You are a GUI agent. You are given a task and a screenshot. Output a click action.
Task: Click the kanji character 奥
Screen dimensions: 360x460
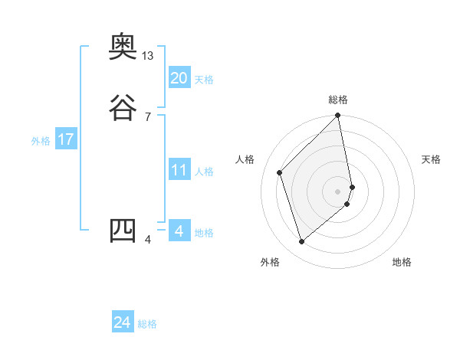123,48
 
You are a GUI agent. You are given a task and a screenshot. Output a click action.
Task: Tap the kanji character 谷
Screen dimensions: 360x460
123,106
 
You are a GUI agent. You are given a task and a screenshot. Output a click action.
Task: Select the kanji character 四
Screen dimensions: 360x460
123,231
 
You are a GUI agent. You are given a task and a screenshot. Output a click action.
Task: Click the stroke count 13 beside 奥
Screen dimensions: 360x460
148,56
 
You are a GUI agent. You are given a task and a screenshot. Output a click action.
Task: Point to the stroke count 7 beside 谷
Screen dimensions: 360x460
148,116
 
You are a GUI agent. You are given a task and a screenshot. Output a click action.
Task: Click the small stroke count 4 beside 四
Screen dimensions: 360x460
148,241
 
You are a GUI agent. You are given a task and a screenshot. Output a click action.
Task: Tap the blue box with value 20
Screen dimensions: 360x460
179,78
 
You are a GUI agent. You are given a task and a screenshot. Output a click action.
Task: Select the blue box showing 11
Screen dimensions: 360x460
179,171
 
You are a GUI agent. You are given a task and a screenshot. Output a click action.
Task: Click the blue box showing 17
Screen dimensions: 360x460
65,140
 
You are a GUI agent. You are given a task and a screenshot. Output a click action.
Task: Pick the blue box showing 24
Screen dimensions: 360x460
123,323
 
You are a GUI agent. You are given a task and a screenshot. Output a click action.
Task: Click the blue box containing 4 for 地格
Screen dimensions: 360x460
179,231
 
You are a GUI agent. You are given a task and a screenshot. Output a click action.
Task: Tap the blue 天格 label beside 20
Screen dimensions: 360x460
204,80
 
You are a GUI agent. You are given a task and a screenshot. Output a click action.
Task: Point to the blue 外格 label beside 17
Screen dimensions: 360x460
41,142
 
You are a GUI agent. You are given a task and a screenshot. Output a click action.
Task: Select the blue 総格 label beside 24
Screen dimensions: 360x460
147,325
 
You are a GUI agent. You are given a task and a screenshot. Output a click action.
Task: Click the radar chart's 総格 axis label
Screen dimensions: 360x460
338,100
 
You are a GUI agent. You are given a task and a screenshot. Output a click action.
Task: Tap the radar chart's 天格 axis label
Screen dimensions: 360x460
431,159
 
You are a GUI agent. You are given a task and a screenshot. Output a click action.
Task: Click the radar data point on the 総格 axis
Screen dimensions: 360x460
338,116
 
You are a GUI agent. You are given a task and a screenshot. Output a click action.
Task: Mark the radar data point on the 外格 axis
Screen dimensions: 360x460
301,242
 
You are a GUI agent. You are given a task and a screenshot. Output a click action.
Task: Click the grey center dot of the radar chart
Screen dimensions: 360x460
338,191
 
